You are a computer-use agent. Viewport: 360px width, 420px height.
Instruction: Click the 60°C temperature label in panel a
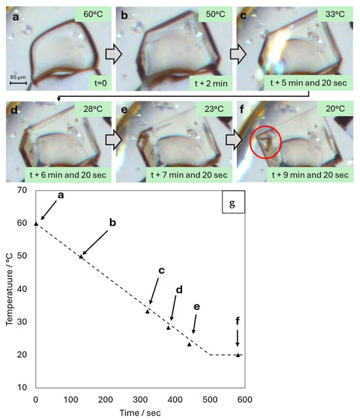click(94, 14)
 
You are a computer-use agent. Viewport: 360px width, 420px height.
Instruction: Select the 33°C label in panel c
click(332, 14)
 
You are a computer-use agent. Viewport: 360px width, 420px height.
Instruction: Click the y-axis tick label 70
click(24, 190)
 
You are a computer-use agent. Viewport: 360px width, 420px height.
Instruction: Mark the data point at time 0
click(36, 223)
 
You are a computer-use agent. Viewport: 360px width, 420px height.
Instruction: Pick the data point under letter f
click(238, 355)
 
